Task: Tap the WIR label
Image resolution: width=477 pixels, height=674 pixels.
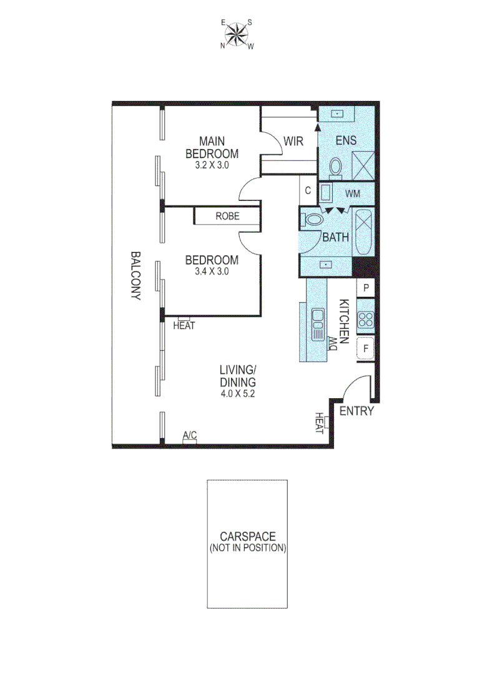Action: [x=293, y=142]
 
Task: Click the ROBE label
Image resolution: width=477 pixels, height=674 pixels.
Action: [x=227, y=217]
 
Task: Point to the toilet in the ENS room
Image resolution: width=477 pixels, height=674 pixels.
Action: [x=336, y=167]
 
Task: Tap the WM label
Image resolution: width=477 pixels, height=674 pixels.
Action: [x=353, y=194]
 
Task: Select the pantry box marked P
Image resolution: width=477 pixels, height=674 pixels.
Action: [x=366, y=288]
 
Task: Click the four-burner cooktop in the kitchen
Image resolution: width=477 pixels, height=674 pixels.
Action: [x=365, y=320]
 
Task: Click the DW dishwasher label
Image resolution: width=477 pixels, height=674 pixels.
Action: [x=333, y=343]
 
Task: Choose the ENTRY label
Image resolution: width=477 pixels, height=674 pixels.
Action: [x=357, y=411]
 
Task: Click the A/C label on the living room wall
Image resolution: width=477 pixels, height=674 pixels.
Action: [x=190, y=435]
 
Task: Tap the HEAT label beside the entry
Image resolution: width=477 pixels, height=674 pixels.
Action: [x=320, y=423]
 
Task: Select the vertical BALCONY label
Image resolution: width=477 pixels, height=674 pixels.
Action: [x=135, y=276]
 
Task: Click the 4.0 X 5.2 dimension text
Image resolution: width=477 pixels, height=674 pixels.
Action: [x=237, y=394]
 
